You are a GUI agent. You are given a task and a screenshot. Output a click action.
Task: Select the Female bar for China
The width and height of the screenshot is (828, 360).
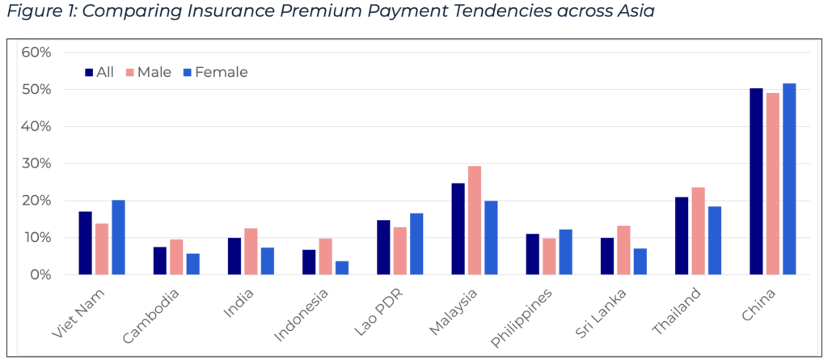click(789, 179)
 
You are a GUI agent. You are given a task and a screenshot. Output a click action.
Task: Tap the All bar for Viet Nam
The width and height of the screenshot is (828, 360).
click(85, 243)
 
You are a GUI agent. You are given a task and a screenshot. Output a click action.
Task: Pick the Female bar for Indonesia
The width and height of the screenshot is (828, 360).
click(342, 268)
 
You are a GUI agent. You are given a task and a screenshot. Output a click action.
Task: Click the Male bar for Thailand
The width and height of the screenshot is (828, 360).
click(699, 231)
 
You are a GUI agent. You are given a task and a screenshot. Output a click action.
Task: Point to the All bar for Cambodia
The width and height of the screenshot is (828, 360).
click(160, 260)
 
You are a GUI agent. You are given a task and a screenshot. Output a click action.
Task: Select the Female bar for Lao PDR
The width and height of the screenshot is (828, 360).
click(416, 244)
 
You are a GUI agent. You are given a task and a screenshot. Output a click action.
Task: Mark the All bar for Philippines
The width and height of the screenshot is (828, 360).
click(533, 254)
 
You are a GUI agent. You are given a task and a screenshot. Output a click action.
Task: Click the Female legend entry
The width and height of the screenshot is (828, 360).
click(214, 72)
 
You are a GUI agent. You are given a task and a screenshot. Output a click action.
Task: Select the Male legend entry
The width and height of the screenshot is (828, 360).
click(147, 72)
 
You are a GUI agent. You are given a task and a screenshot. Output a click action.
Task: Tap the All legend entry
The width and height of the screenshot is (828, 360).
click(99, 72)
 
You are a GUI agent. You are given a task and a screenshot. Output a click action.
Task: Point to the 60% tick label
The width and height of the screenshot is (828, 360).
click(36, 53)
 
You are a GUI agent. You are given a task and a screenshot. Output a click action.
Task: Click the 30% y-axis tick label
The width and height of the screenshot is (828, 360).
click(36, 163)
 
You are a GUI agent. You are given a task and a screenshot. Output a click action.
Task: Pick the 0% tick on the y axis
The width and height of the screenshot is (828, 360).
click(40, 275)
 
